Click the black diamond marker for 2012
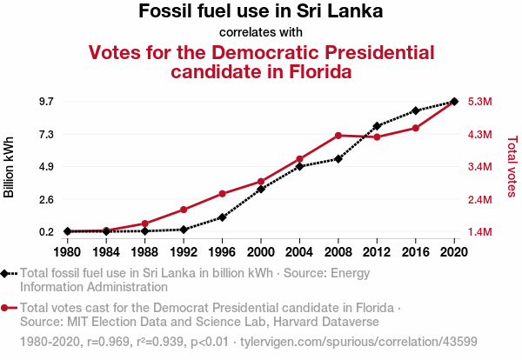click(377, 126)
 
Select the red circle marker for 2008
click(338, 136)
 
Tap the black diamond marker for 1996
click(223, 217)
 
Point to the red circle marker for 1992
click(184, 210)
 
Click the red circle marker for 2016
click(416, 128)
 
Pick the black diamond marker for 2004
click(299, 166)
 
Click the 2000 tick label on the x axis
click(261, 252)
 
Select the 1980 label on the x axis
click(67, 252)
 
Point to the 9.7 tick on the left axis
click(46, 102)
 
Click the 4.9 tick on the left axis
click(46, 167)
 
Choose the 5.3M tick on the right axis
click(481, 102)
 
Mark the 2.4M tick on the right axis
click(481, 200)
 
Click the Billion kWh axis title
click(10, 167)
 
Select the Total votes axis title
click(512, 165)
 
